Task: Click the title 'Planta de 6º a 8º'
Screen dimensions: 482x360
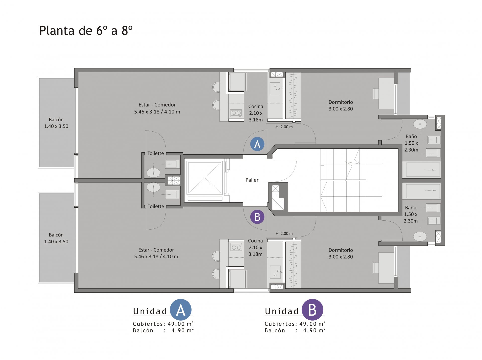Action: pyautogui.click(x=86, y=31)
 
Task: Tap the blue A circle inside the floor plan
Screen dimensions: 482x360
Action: pyautogui.click(x=257, y=144)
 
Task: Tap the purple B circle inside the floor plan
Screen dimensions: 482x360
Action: pyautogui.click(x=257, y=217)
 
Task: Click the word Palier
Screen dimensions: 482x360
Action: pyautogui.click(x=252, y=180)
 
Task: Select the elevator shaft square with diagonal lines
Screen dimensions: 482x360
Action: pyautogui.click(x=205, y=178)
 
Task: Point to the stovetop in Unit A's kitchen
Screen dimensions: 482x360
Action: pyautogui.click(x=236, y=113)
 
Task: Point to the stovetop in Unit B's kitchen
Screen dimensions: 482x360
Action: pyautogui.click(x=236, y=247)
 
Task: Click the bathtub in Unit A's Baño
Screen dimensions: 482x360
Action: pyautogui.click(x=423, y=170)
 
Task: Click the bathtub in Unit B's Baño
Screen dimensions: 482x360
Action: pyautogui.click(x=423, y=191)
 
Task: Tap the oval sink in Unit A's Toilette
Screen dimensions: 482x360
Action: pyautogui.click(x=153, y=172)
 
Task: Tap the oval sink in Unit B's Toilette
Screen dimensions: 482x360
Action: pyautogui.click(x=153, y=187)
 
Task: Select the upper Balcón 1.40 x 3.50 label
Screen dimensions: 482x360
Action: pyautogui.click(x=56, y=123)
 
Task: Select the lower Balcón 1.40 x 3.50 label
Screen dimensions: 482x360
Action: pyautogui.click(x=56, y=238)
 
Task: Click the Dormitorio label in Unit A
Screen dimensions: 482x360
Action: pyautogui.click(x=341, y=105)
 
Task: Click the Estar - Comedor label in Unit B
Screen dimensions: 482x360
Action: pyautogui.click(x=156, y=253)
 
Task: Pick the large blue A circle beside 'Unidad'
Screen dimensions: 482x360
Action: pyautogui.click(x=181, y=310)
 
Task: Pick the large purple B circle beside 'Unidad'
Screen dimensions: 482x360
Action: pyautogui.click(x=312, y=310)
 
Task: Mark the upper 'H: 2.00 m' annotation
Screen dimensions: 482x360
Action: pyautogui.click(x=284, y=127)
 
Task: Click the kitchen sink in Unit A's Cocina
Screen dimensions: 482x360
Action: pyautogui.click(x=275, y=89)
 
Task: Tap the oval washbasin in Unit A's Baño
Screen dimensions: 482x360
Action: pyautogui.click(x=420, y=124)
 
